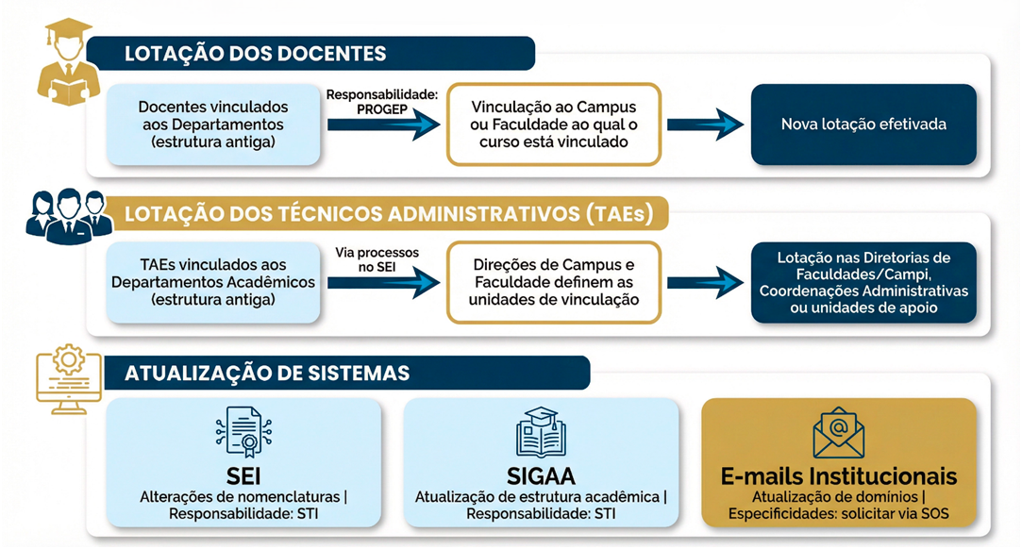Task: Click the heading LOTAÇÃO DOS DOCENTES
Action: pos(256,54)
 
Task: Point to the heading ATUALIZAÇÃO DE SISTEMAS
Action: pos(267,373)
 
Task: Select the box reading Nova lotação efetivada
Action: pos(863,125)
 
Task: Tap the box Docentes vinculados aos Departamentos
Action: pos(213,125)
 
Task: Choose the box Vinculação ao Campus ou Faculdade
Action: pos(553,125)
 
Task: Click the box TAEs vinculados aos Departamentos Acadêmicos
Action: pos(213,282)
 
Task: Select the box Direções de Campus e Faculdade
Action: pos(553,282)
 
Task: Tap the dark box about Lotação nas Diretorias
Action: pos(863,282)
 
